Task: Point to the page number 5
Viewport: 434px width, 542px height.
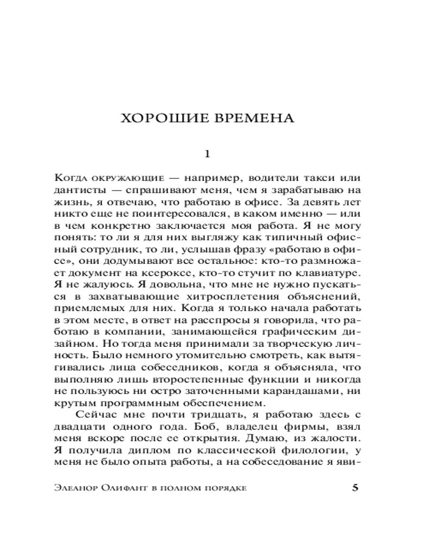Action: [x=355, y=488]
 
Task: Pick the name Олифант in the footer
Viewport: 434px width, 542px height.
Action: [x=127, y=488]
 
